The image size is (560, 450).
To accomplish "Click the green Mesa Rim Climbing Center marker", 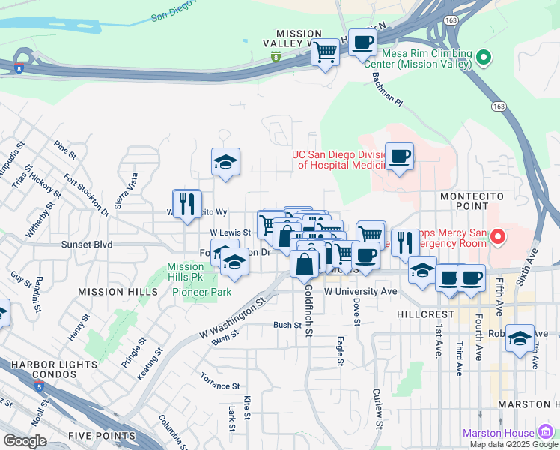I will [x=484, y=57].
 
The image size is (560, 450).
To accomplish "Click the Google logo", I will [x=25, y=441].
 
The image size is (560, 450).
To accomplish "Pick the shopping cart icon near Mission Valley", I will [x=324, y=52].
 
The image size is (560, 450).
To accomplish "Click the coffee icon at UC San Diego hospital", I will [x=399, y=156].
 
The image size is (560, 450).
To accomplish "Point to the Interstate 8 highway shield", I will [x=276, y=57].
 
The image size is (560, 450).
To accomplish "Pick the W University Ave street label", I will [x=360, y=290].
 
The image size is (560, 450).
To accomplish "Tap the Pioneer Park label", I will [x=201, y=292].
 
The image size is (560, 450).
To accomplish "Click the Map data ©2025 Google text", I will [x=514, y=444].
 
